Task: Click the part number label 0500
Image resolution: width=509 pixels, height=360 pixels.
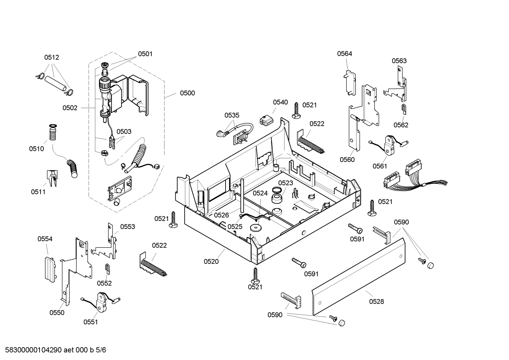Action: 187,93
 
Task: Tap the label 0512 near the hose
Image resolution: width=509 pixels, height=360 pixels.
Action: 52,57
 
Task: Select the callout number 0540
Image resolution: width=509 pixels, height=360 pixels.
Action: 280,102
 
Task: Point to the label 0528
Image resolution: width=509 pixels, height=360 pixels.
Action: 377,302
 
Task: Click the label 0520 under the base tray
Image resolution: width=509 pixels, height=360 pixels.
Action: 211,261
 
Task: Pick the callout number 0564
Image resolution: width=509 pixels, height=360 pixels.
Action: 345,54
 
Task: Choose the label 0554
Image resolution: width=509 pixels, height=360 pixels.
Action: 45,239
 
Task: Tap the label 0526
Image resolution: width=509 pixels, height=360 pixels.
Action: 221,215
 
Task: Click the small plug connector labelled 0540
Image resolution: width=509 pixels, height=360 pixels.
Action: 266,120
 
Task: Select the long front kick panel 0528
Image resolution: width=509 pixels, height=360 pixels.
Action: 358,276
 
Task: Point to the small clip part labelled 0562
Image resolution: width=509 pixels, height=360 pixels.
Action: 404,110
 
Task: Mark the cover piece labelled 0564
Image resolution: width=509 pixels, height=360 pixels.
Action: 350,83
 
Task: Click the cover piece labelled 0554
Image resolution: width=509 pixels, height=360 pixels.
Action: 50,270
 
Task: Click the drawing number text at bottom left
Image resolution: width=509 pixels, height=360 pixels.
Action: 56,350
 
